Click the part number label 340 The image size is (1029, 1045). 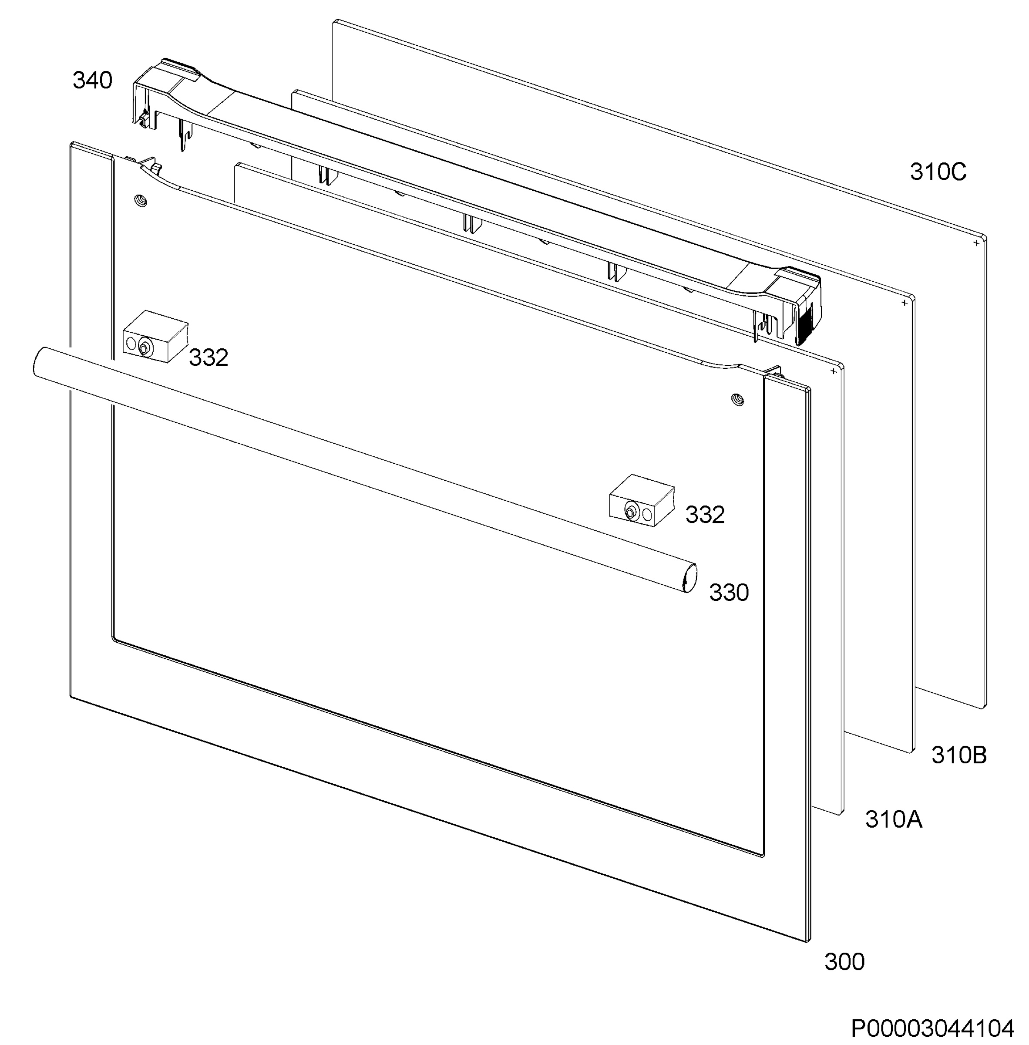click(x=92, y=81)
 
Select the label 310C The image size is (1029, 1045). click(x=938, y=172)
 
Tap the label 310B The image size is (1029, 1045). click(x=959, y=755)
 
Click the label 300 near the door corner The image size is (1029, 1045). click(x=844, y=962)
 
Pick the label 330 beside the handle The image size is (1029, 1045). click(x=729, y=593)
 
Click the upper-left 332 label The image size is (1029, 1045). click(x=208, y=357)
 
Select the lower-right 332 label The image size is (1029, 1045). click(x=705, y=515)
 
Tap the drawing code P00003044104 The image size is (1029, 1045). click(x=933, y=1029)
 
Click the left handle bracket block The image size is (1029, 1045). click(x=156, y=336)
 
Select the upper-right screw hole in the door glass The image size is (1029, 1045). click(x=736, y=400)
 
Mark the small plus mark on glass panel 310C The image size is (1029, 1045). click(x=976, y=243)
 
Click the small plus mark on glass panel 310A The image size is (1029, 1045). click(x=834, y=371)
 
